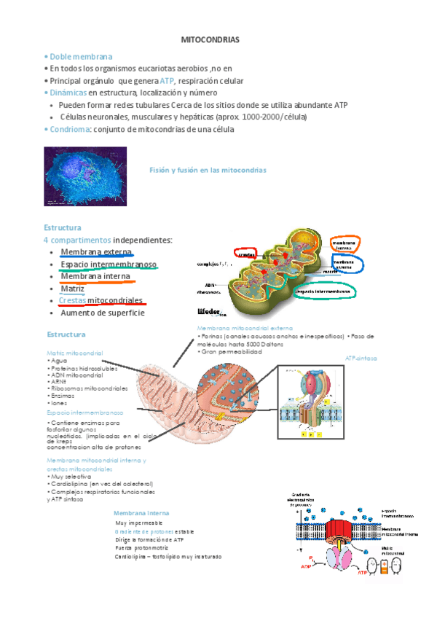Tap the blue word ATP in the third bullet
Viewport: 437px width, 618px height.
pos(167,81)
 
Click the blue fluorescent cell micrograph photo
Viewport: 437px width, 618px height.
pos(85,176)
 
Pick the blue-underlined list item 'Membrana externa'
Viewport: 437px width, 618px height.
pos(95,251)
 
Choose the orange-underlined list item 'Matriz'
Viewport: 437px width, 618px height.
pos(72,289)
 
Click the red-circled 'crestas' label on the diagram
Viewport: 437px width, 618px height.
pos(247,254)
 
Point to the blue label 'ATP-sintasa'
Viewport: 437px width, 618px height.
pos(360,359)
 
